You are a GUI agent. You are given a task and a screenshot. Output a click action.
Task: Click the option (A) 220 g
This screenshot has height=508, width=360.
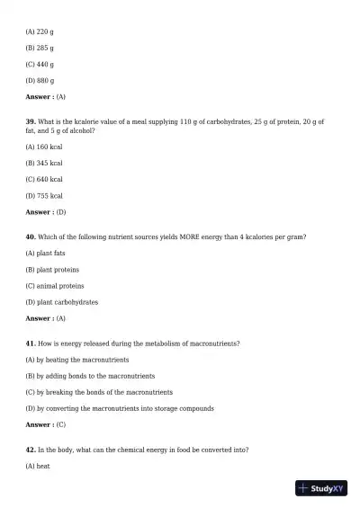tap(40, 31)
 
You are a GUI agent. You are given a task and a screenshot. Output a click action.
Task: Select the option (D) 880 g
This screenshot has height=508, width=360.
tap(40, 80)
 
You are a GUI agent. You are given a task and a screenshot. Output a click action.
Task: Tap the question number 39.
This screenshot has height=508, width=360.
tap(31, 120)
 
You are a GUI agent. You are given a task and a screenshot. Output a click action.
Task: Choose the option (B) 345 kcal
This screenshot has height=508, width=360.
tap(44, 163)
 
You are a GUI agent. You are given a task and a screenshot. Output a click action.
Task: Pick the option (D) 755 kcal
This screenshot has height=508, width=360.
tap(44, 195)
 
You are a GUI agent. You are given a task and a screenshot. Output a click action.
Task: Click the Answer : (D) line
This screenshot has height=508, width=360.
tap(46, 212)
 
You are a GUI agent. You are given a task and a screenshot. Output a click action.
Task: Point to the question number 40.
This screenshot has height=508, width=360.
tap(31, 236)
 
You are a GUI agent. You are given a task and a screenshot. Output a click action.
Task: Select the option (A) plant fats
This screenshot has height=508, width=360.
tap(46, 254)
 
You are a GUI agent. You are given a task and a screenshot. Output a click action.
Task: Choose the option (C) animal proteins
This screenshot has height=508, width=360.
tap(55, 286)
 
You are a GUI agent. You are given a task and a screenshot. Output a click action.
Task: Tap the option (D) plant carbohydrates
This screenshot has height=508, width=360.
tap(62, 302)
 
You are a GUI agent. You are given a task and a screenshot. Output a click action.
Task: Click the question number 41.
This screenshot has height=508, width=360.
tap(31, 343)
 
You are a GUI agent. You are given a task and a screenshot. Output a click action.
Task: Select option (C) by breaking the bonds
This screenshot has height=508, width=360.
tap(99, 392)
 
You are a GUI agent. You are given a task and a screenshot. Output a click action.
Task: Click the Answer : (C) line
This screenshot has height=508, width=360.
tap(46, 424)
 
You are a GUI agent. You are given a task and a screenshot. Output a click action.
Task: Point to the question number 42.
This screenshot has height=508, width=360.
tap(31, 449)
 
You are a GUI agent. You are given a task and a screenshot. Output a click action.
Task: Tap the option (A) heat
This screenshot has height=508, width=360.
tap(38, 466)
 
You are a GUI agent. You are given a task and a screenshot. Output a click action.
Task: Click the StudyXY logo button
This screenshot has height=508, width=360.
tap(321, 488)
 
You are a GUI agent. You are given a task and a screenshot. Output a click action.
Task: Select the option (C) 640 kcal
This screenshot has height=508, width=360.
tap(44, 179)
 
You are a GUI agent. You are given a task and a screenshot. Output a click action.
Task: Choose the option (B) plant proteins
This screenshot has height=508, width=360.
tap(52, 270)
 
